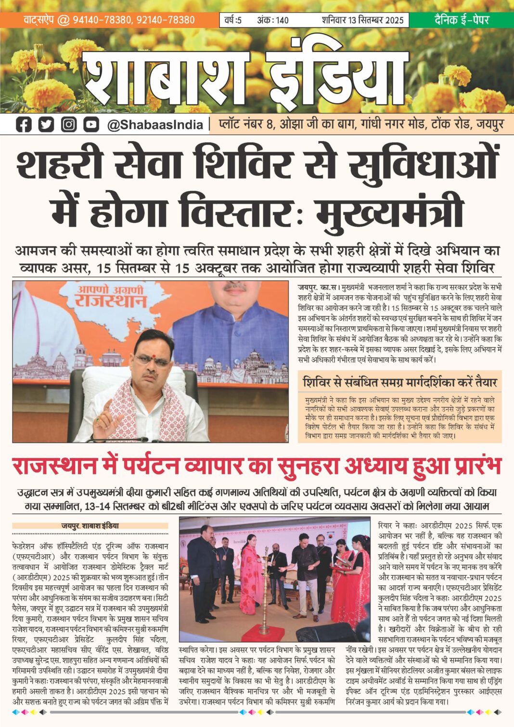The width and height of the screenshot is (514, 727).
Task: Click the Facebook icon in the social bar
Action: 24,125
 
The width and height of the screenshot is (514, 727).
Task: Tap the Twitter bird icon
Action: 46,125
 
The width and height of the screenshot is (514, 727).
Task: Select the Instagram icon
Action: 69,125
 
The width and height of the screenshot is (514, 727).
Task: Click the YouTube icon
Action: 91,125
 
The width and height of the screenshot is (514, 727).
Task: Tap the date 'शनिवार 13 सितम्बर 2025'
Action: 362,20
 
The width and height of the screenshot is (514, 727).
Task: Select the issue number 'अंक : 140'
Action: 273,20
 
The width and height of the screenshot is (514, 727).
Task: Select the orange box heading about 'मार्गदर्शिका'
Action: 399,382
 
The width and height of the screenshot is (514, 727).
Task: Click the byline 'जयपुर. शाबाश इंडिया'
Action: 90,526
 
